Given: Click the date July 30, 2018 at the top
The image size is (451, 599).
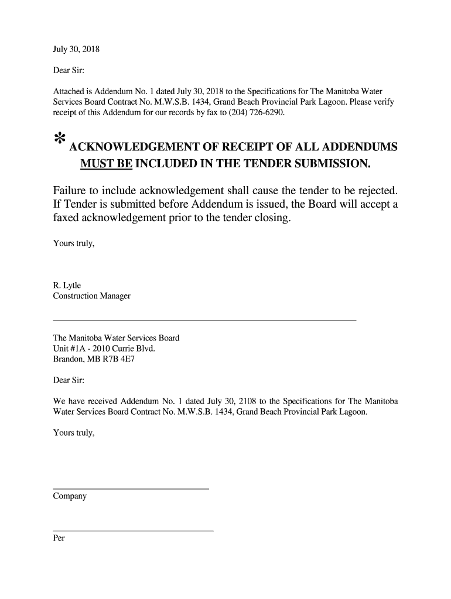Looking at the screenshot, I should pos(76,50).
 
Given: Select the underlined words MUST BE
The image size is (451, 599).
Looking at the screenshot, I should pos(106,162).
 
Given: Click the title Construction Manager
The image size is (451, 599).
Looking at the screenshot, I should pos(92,296).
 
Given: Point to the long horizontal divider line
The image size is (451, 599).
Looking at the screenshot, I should pos(204,321).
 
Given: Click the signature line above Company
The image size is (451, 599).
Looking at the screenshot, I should pos(131,488).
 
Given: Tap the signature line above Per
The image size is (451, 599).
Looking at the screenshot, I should pos(133,531).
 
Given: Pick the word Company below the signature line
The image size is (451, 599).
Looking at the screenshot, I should pos(70,496).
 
